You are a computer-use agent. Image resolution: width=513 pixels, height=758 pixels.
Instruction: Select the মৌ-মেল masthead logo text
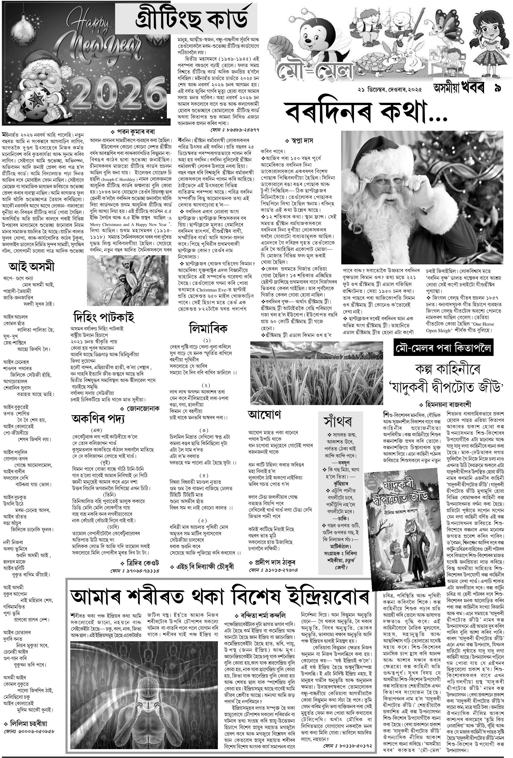coord(315,68)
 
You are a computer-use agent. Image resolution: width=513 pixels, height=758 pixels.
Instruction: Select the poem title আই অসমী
coord(31,267)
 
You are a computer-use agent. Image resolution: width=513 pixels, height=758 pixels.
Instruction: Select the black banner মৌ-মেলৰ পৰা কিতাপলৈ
coord(443,348)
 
